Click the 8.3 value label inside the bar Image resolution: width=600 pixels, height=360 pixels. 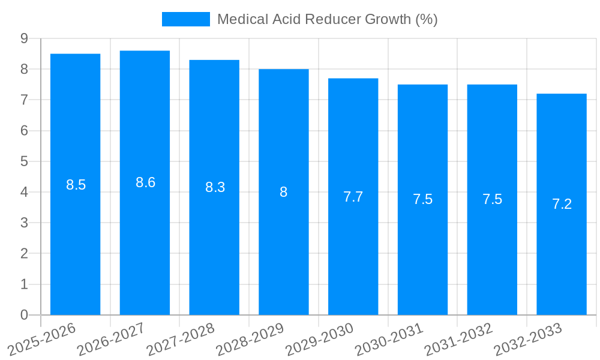215,187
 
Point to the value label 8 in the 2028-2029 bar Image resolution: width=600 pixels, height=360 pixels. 284,192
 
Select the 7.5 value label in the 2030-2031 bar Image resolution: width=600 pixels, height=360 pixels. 422,199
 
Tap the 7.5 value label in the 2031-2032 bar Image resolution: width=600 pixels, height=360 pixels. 492,199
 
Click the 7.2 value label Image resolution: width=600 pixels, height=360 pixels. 562,204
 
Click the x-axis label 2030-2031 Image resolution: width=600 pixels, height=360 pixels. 389,339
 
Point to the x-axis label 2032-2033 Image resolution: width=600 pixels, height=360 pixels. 529,339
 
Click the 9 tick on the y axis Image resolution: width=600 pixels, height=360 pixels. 24,38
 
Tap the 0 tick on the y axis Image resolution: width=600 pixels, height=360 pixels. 24,315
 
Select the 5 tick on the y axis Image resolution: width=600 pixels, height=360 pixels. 24,161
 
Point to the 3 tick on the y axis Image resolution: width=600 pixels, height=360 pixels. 24,223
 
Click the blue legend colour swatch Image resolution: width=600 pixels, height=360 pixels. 186,19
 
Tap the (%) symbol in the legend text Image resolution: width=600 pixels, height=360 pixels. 427,19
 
